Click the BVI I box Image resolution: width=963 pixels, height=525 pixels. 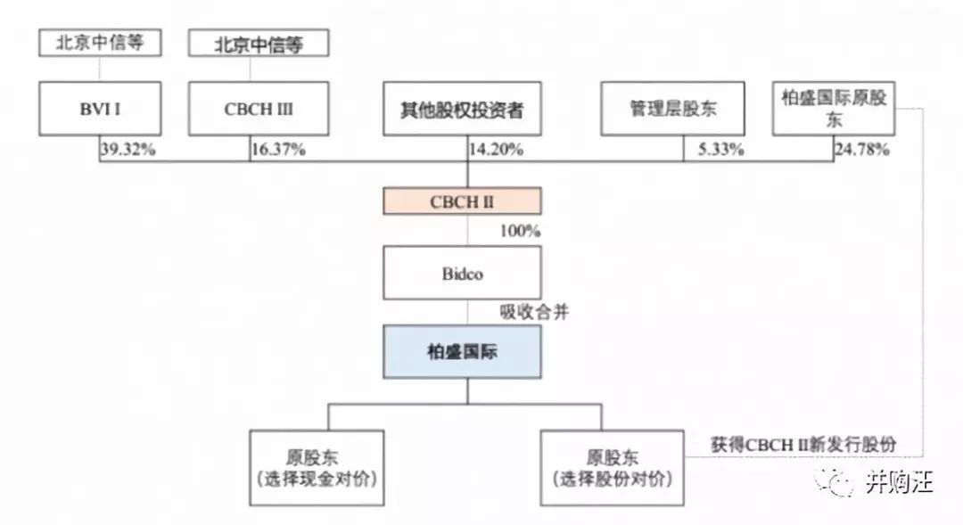coord(100,110)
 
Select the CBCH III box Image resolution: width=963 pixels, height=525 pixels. coord(259,110)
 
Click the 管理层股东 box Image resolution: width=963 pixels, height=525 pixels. coord(672,110)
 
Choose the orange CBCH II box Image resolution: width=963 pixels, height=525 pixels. coord(462,201)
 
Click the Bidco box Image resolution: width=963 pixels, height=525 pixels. coord(462,274)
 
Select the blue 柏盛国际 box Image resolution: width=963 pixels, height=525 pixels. coord(462,352)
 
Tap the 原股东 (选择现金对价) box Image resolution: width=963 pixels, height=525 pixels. coord(317,468)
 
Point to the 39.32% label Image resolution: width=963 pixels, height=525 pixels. coord(128,150)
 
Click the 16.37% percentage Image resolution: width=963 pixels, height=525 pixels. coord(278,150)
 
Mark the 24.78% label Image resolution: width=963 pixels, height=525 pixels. coord(861,150)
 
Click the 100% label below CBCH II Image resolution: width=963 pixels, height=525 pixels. coord(520,231)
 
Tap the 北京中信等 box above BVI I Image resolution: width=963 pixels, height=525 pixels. coord(100,43)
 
